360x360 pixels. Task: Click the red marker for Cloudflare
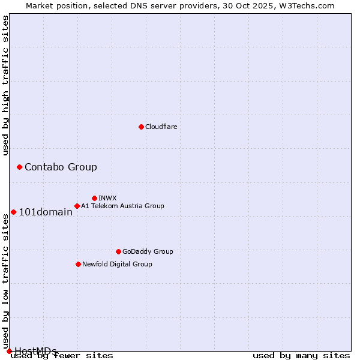pos(141,127)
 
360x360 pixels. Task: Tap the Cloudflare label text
pos(161,127)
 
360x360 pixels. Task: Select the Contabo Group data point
pos(19,167)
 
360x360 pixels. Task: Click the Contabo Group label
pos(61,167)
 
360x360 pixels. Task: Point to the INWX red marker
pos(94,198)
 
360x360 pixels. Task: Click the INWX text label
pos(107,198)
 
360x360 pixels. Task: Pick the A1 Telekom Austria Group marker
pos(77,206)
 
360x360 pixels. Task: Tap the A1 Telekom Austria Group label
pos(122,206)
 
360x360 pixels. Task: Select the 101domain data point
pos(13,212)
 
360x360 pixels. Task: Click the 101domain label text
pos(46,212)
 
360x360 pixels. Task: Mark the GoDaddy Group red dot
pos(118,251)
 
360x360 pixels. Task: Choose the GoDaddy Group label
pos(147,251)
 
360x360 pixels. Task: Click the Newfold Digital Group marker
pos(78,264)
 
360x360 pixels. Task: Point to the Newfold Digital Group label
pos(117,264)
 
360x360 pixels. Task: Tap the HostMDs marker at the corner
pos(9,351)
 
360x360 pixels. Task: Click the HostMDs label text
pos(35,351)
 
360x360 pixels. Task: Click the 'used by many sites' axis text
pos(301,356)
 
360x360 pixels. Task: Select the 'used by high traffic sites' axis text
pos(6,85)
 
